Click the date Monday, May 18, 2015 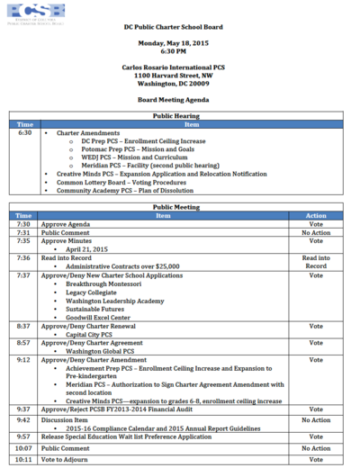(x=180, y=43)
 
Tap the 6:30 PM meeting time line (x=180, y=51)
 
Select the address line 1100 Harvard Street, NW (x=180, y=76)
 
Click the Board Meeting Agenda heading (x=180, y=100)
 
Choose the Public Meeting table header (x=180, y=207)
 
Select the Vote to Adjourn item (x=67, y=459)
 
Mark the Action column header (x=316, y=216)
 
